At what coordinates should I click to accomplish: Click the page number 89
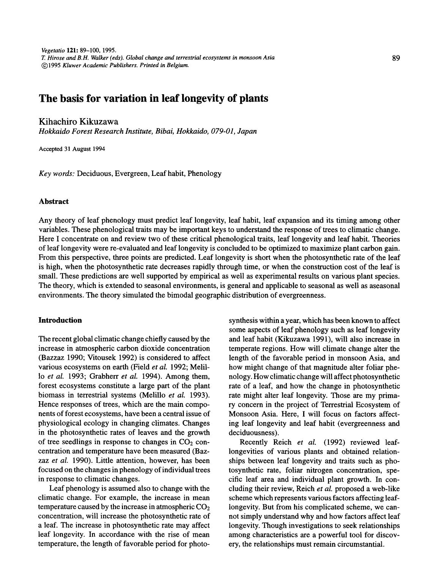[x=396, y=58]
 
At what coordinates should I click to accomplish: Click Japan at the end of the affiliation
[x=247, y=131]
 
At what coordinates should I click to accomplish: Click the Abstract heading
[x=53, y=202]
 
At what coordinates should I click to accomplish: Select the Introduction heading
[x=60, y=320]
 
